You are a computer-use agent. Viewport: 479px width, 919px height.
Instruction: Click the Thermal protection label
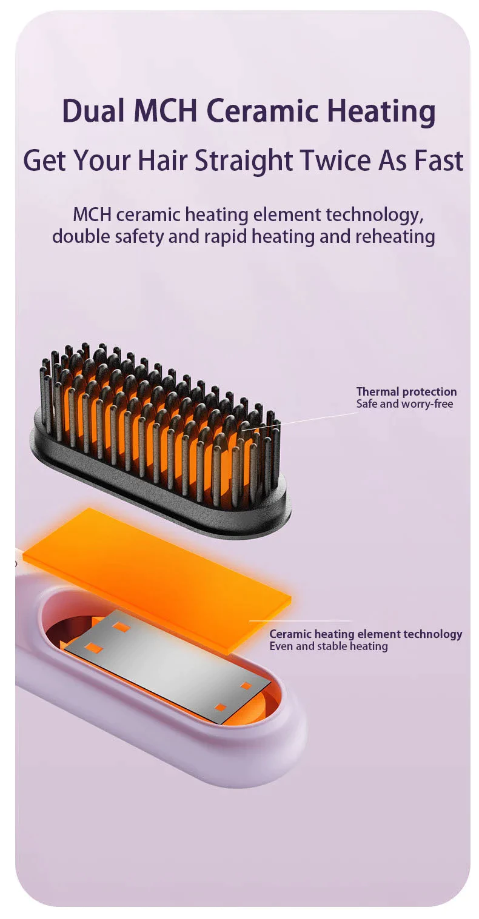pos(406,391)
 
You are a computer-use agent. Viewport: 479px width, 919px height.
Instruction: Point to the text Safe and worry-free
pos(404,403)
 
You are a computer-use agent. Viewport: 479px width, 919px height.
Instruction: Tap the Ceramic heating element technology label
pos(365,634)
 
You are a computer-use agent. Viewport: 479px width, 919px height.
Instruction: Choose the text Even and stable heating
pos(329,646)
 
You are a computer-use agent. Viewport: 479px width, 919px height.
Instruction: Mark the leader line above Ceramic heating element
pos(301,621)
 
